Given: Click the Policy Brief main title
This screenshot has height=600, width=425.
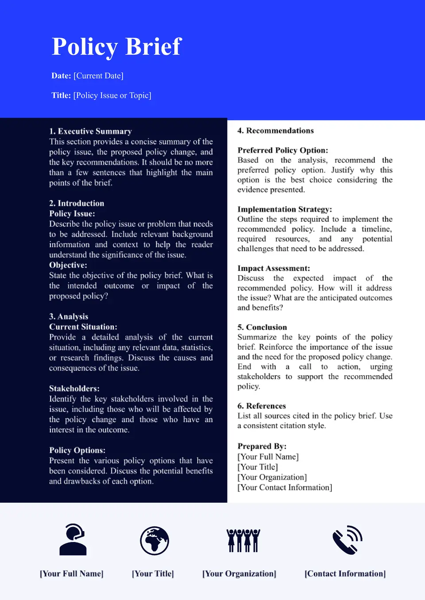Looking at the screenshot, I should [117, 47].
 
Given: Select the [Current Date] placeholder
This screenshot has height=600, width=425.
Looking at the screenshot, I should [98, 76].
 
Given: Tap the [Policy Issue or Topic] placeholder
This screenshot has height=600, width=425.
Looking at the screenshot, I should [112, 95].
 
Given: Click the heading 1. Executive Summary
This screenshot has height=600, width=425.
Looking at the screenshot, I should [90, 131].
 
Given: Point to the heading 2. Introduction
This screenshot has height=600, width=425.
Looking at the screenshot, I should [77, 203].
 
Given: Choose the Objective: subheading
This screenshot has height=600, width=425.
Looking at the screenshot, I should [68, 265].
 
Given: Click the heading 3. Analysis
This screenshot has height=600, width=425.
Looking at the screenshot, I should [69, 316].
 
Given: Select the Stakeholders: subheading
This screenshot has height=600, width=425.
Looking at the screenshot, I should [74, 388].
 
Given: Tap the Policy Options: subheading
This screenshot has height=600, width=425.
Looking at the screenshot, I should [77, 450].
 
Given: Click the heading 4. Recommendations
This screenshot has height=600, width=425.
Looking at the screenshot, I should [275, 131].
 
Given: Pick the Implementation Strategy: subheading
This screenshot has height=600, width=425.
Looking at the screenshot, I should [285, 209].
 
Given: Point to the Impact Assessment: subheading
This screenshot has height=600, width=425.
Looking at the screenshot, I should [274, 268].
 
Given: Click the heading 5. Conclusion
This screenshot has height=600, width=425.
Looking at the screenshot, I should [262, 327].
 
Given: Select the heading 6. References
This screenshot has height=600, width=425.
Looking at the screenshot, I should [262, 406].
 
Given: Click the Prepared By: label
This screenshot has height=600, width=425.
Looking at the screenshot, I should [262, 446].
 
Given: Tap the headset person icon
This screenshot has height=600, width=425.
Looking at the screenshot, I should [73, 539].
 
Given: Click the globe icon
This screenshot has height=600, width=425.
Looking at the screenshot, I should [155, 540].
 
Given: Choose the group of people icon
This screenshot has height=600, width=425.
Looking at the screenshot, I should [243, 540].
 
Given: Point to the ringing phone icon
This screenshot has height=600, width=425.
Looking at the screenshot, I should [347, 540].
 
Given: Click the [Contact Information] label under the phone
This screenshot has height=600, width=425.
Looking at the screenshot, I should [345, 573].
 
